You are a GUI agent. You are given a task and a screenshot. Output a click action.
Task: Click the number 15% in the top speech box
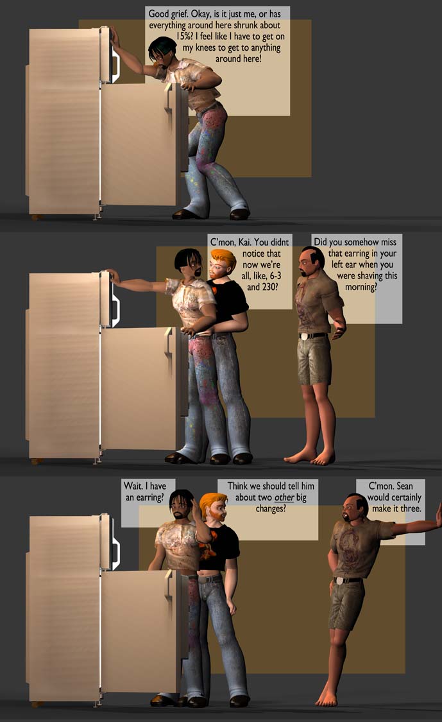pos(185,37)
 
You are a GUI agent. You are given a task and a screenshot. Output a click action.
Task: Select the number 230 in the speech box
pos(268,287)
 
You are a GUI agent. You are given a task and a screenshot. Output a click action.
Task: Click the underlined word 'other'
pos(284,497)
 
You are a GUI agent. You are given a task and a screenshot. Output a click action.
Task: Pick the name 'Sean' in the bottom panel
pos(405,486)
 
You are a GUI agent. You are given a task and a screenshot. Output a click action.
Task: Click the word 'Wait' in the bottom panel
pos(133,486)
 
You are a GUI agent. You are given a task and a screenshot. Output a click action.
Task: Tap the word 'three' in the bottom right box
pos(410,509)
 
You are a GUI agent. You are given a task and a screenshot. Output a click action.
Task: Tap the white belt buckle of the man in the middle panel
pos(303,336)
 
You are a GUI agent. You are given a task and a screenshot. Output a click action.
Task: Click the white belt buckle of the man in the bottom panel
pos(339,581)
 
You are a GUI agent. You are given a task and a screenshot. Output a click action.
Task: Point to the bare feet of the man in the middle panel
pos(310,458)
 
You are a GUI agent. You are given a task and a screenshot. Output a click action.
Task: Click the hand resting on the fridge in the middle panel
pos(113,276)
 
